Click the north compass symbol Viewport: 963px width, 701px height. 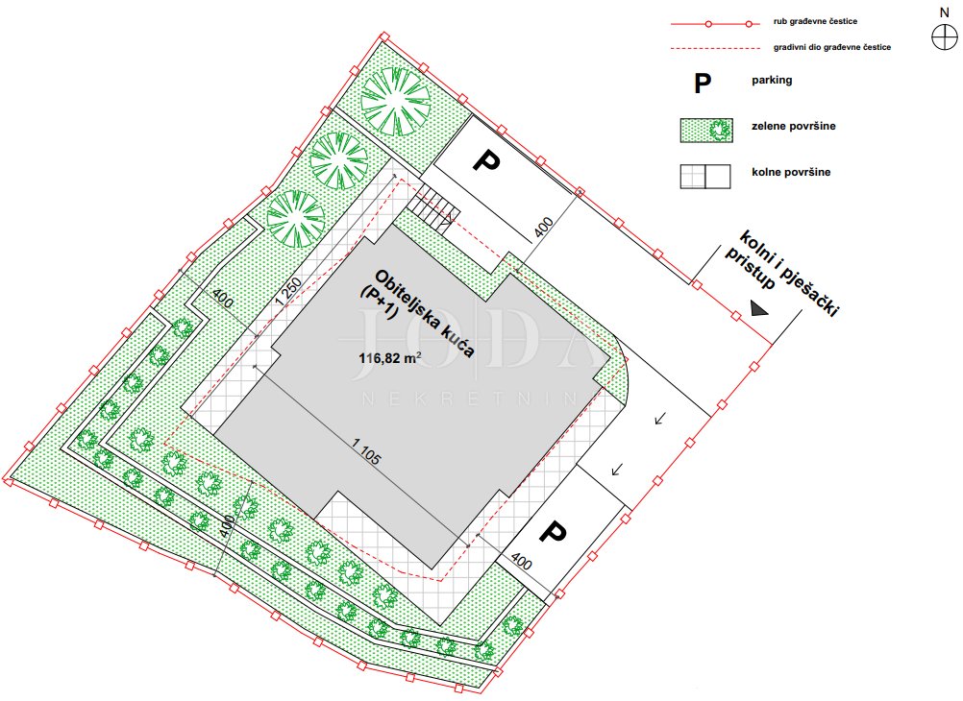[x=944, y=38]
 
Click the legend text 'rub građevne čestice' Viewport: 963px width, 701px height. [x=815, y=21]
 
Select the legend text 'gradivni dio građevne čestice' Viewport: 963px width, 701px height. [x=832, y=47]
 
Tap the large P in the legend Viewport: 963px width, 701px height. [x=703, y=83]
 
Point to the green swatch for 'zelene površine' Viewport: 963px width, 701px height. [x=706, y=131]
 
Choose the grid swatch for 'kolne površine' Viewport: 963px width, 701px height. [x=705, y=176]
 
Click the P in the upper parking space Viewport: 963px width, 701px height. [x=486, y=161]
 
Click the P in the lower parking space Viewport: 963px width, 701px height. [x=552, y=532]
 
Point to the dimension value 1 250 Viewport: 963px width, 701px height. [x=288, y=291]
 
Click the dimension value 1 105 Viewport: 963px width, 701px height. [x=367, y=450]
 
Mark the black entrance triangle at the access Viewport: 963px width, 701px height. [x=759, y=309]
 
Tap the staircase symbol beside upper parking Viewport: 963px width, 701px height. [x=434, y=208]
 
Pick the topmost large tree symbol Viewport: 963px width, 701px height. [x=396, y=101]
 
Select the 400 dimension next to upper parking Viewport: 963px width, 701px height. [x=544, y=228]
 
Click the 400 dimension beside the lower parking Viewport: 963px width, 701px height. [x=521, y=562]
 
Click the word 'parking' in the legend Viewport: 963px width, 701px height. [x=772, y=81]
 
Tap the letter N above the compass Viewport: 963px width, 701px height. [x=945, y=12]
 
